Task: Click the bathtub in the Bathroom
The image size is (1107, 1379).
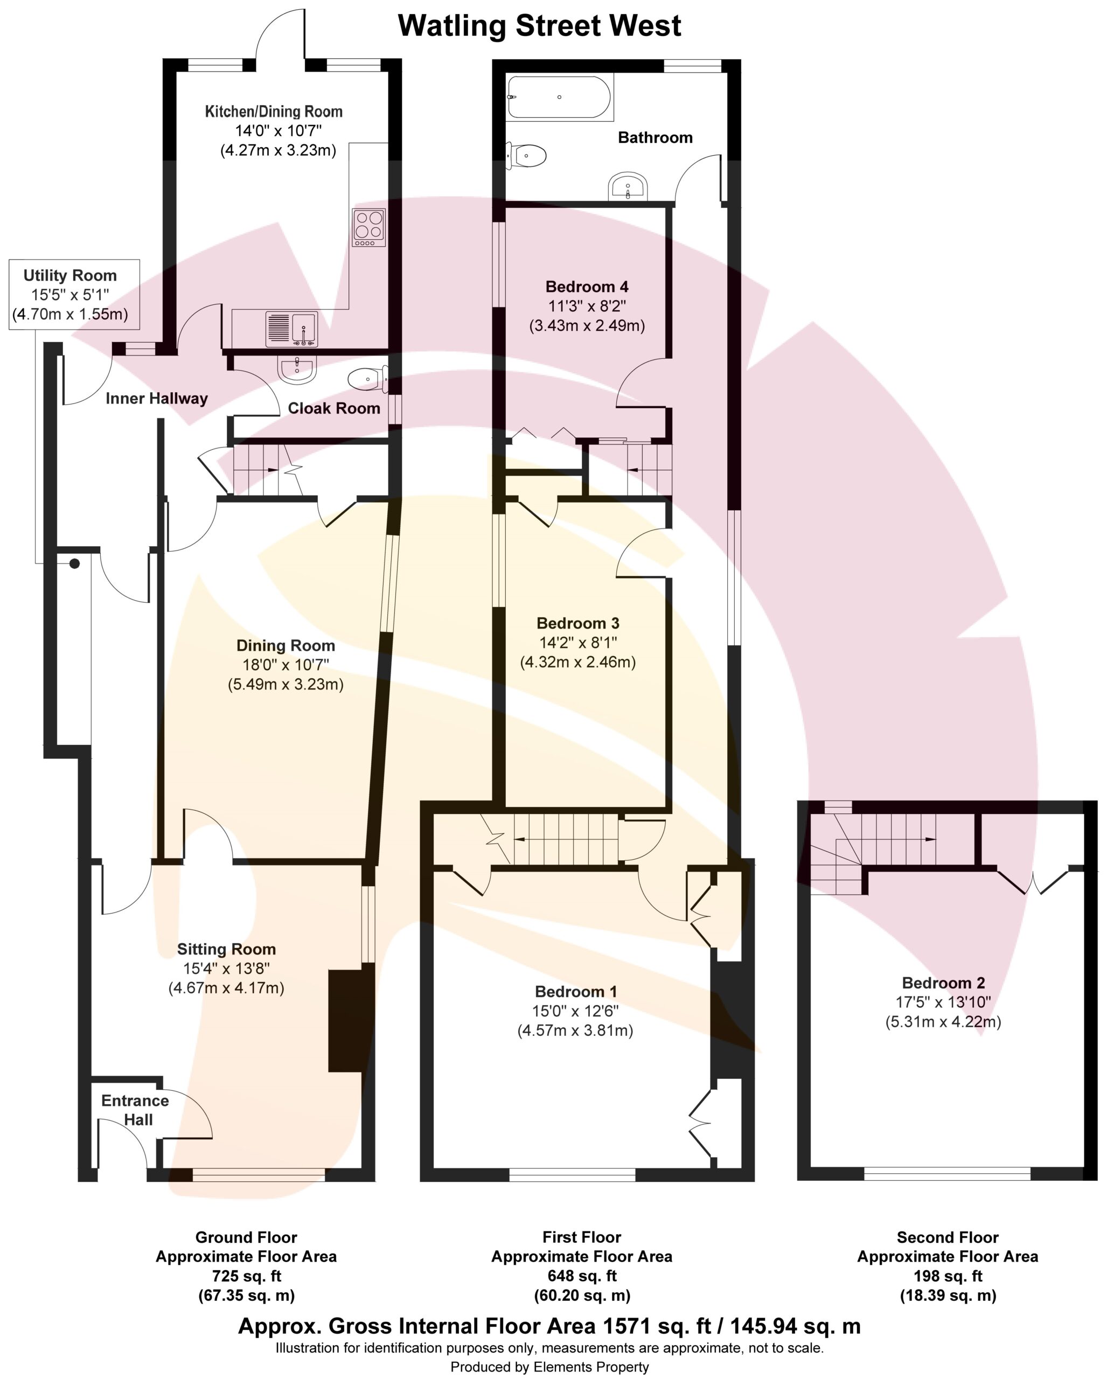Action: coord(560,97)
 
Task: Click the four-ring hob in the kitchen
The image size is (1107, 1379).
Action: coord(369,227)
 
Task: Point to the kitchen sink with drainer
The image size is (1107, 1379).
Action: coord(291,328)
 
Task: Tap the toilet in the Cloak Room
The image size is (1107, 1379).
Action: coord(369,379)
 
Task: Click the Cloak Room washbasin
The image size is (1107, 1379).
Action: coord(297,369)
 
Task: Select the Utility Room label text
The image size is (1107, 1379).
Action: coord(71,276)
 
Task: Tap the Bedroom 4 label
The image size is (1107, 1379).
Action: coord(587,287)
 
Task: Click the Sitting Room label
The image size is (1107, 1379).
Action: coord(226,949)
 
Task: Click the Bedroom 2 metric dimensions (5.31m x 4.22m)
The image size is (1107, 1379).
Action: coord(943,1021)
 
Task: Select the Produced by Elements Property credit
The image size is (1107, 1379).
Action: coord(549,1368)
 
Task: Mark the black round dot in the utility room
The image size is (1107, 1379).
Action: coord(75,563)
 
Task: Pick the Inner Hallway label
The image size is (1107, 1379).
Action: coord(157,399)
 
